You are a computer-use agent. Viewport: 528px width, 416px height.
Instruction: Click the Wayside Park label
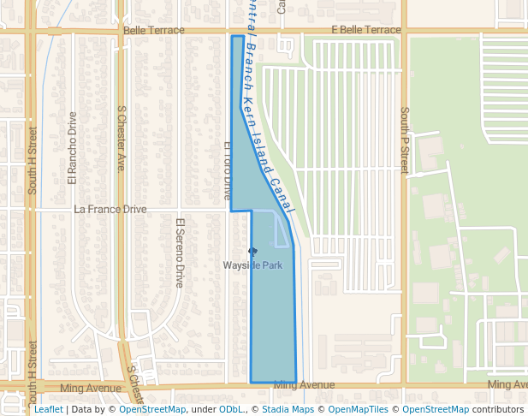tap(252, 265)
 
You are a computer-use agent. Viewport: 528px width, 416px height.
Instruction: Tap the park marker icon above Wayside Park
tap(252, 251)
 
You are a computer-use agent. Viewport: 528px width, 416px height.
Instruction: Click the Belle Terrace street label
tap(153, 30)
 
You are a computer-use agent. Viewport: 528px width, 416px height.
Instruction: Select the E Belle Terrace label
tap(365, 30)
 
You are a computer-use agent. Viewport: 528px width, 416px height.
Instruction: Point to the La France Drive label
tap(110, 209)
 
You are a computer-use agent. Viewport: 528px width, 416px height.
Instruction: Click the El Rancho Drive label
tap(73, 148)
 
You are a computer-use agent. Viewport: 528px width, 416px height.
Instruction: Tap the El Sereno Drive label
tap(181, 253)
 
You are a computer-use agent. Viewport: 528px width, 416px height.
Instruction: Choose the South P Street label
tap(405, 140)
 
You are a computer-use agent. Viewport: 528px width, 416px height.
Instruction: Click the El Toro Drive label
tap(228, 171)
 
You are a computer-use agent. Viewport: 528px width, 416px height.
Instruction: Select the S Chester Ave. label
tap(122, 140)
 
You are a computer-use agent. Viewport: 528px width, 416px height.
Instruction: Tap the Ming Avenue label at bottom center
tap(304, 385)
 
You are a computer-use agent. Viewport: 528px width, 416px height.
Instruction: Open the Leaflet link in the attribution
tap(48, 409)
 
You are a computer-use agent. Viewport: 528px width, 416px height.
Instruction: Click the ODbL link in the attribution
tap(231, 409)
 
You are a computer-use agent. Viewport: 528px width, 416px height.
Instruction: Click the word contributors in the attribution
tap(498, 409)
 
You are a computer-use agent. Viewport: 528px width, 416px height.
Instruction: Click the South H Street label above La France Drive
tap(33, 161)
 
